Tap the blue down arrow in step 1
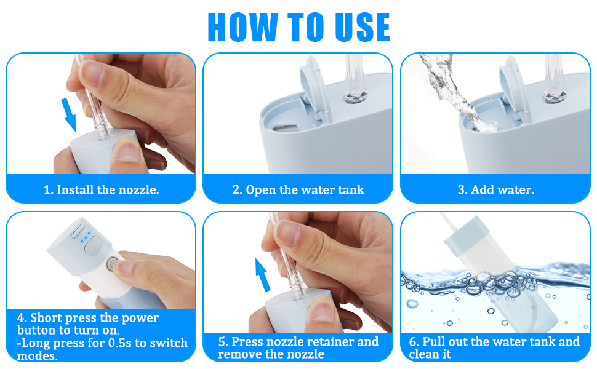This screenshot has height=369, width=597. point(69,114)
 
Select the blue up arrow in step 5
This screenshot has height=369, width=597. point(262,275)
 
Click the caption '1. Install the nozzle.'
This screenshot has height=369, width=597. point(102,189)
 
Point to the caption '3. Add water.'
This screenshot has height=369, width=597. point(495,189)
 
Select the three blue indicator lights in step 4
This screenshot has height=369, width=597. point(85,238)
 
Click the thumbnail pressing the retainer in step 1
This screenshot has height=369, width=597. point(127,149)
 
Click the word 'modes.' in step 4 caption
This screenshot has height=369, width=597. point(38,356)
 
